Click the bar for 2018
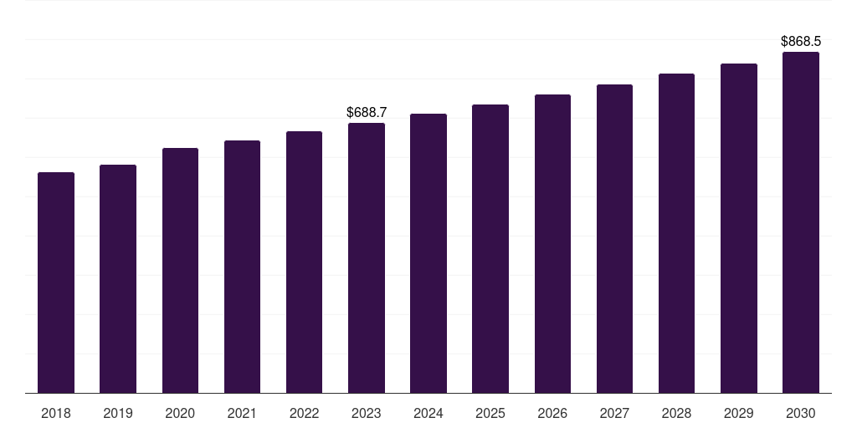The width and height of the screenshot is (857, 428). pyautogui.click(x=56, y=283)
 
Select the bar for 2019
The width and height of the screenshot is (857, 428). pyautogui.click(x=118, y=279)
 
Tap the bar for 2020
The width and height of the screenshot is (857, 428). pyautogui.click(x=181, y=271)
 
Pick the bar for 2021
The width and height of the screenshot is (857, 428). pyautogui.click(x=242, y=267)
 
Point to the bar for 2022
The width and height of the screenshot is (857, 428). pyautogui.click(x=304, y=262)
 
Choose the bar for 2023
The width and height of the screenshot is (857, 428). pyautogui.click(x=367, y=258)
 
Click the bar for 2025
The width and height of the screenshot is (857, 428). pyautogui.click(x=490, y=249)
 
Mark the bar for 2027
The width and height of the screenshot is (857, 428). pyautogui.click(x=614, y=239)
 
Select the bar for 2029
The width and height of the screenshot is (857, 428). pyautogui.click(x=739, y=229)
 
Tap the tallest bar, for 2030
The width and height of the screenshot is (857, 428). pyautogui.click(x=801, y=222)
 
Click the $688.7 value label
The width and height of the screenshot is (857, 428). pyautogui.click(x=367, y=113)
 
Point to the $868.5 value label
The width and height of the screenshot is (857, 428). pyautogui.click(x=801, y=42)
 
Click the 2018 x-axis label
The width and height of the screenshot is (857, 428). pyautogui.click(x=56, y=413)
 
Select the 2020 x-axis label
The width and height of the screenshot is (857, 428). pyautogui.click(x=180, y=413)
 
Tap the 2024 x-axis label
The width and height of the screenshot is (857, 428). pyautogui.click(x=428, y=413)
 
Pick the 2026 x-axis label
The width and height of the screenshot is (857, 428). pyautogui.click(x=552, y=413)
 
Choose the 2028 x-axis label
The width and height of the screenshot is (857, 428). pyautogui.click(x=676, y=413)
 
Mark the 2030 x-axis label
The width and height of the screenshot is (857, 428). pyautogui.click(x=801, y=413)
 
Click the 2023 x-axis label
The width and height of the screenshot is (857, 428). pyautogui.click(x=367, y=413)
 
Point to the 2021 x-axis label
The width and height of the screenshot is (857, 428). pyautogui.click(x=242, y=413)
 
